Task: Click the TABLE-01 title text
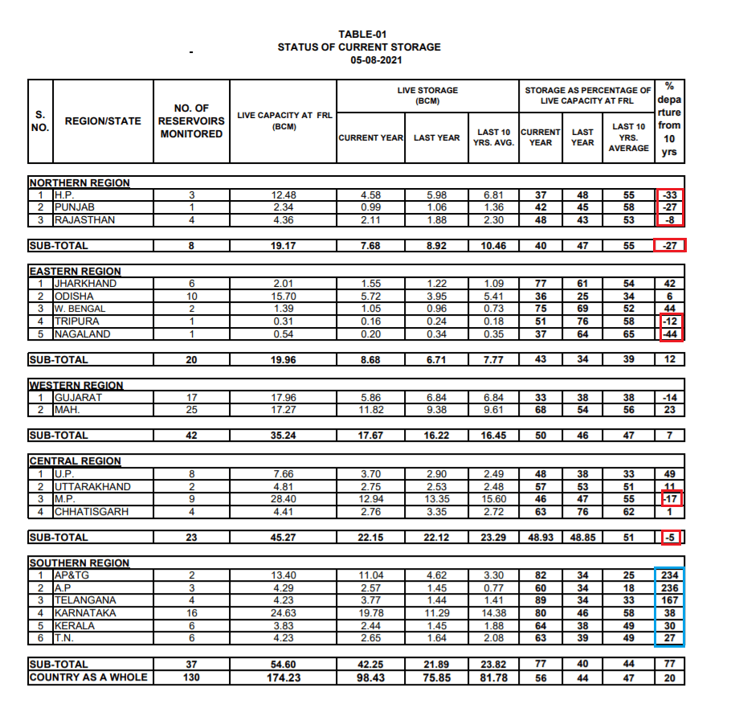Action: (362, 34)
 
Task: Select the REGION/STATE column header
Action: (103, 121)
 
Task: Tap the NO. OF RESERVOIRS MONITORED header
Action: (191, 121)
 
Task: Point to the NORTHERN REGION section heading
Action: (80, 182)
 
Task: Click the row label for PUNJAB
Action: (75, 207)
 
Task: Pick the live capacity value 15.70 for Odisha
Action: (284, 297)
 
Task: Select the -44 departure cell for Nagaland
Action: (670, 334)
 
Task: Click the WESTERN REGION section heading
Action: (76, 386)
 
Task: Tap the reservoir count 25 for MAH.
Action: (191, 410)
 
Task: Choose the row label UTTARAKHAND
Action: (92, 487)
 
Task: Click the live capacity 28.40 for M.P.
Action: (284, 499)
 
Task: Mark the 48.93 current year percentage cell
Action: (541, 538)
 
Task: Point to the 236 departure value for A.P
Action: (670, 588)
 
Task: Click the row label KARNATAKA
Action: (84, 613)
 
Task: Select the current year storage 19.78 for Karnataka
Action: (370, 613)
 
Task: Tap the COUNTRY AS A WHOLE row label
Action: (88, 677)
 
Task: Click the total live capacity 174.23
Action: (284, 677)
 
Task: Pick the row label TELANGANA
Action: (84, 600)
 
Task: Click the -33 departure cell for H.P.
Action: (670, 195)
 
